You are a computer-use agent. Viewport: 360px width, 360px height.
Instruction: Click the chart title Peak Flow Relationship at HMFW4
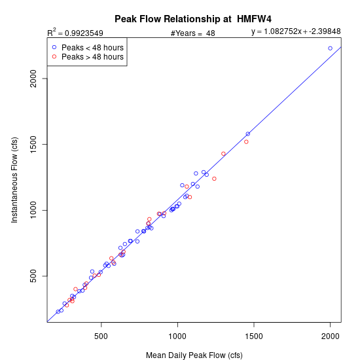click(x=193, y=19)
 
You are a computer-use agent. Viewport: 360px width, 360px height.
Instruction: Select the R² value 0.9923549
click(x=84, y=33)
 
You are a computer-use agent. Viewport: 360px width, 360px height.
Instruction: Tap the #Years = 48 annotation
click(x=193, y=33)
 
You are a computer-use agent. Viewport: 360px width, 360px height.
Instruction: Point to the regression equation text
click(x=296, y=31)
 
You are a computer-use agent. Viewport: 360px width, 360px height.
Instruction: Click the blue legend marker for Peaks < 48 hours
click(x=54, y=47)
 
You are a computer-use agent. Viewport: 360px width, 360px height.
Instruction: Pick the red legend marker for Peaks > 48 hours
click(x=54, y=56)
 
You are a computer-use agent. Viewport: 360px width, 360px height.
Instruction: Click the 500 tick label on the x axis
click(x=101, y=336)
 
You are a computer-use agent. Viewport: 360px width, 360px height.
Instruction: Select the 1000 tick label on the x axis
click(x=177, y=336)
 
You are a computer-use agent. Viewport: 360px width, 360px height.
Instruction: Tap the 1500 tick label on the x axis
click(x=254, y=336)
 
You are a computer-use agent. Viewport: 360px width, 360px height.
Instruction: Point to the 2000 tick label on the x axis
click(x=330, y=336)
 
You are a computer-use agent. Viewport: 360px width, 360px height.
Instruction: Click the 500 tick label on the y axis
click(x=33, y=276)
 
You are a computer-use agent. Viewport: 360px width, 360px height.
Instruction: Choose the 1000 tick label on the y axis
click(x=33, y=210)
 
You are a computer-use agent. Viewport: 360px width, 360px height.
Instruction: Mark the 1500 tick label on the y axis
click(x=33, y=145)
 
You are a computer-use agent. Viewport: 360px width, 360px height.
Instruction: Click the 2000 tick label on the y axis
click(x=33, y=79)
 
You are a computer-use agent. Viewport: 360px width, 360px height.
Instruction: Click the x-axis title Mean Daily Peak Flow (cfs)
click(x=194, y=355)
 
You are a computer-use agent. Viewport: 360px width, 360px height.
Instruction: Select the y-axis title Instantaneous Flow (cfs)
click(x=14, y=180)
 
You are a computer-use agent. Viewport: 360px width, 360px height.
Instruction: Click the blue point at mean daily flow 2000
click(x=330, y=48)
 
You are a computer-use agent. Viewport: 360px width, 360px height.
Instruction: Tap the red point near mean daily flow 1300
click(x=223, y=154)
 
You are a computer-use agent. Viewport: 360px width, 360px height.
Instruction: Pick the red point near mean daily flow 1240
click(x=214, y=179)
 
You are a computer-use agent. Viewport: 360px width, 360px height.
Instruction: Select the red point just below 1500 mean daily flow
click(x=246, y=142)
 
